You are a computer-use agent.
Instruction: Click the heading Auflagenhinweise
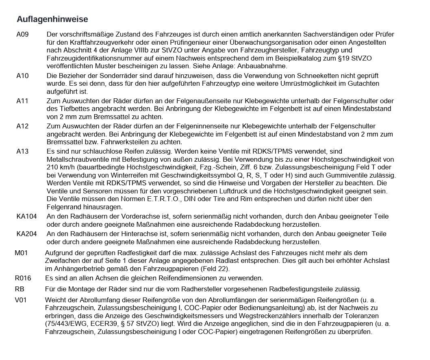(52, 19)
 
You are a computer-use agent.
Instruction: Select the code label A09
(22, 35)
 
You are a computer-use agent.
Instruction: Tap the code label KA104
(26, 216)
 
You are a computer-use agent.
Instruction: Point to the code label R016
(23, 278)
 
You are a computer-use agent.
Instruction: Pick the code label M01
(22, 253)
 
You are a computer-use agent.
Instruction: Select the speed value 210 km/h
(61, 167)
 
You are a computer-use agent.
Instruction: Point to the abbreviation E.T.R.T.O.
(159, 199)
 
